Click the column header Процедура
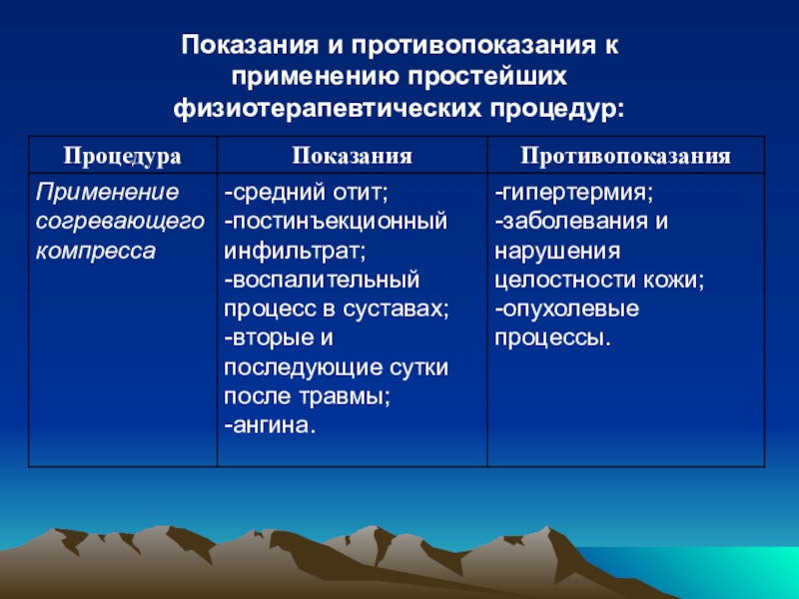point(122,156)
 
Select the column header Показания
point(353,156)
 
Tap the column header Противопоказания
point(626,156)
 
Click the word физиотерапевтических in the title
point(327,108)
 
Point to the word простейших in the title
point(486,77)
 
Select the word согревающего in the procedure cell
point(120,222)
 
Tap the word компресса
point(95,252)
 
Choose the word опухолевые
point(570,309)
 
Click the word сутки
point(418,367)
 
